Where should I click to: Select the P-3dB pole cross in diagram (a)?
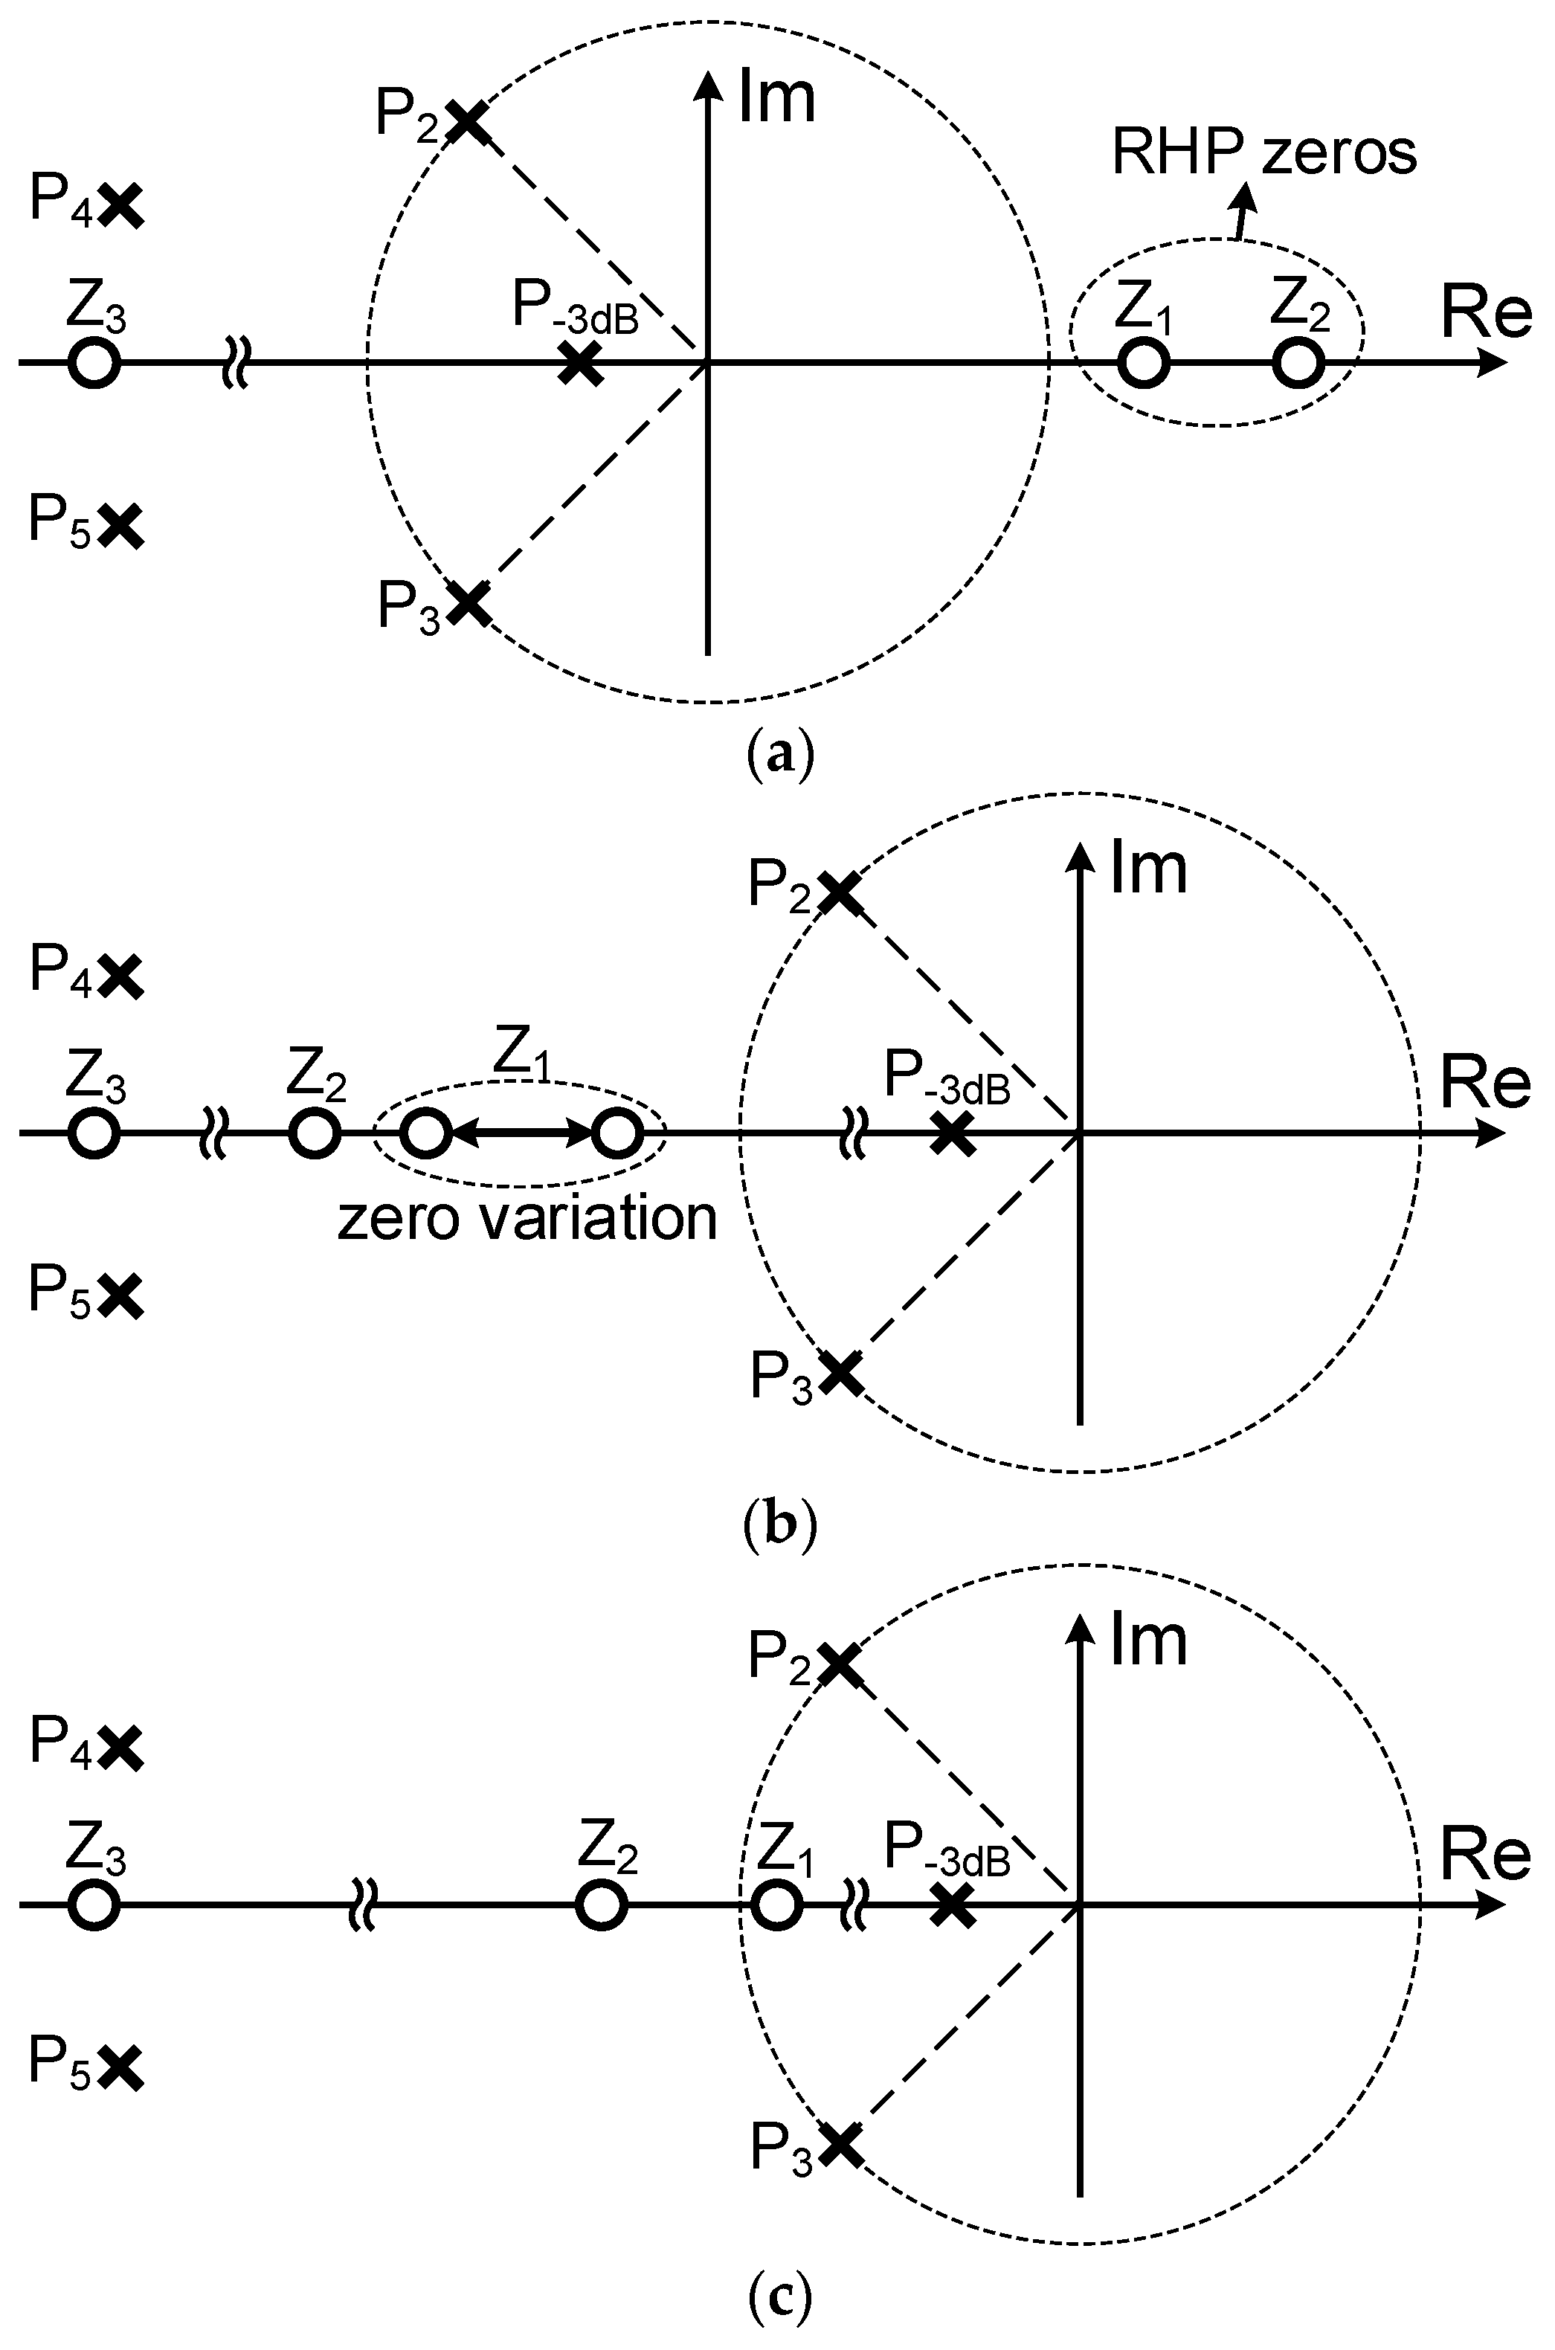[x=580, y=363]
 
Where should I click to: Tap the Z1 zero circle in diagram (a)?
[x=1144, y=363]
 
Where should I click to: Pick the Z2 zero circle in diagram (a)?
[x=1297, y=363]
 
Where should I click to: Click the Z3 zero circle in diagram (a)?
[x=94, y=363]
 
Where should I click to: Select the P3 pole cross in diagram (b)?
[x=840, y=1371]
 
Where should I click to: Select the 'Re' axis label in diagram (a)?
[x=1484, y=315]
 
